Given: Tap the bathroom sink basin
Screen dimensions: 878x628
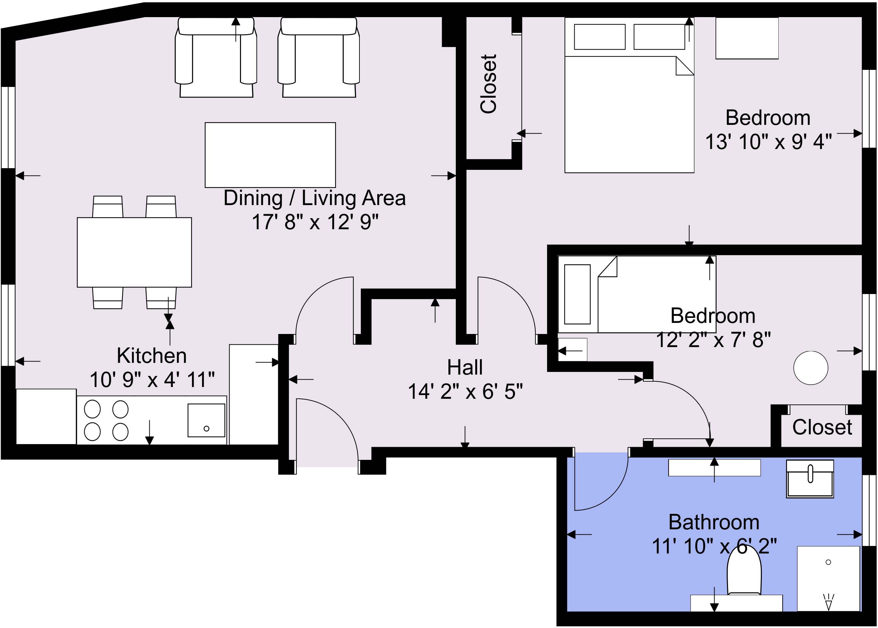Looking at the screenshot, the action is [x=810, y=479].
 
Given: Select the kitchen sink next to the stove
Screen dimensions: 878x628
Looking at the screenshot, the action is [x=206, y=420].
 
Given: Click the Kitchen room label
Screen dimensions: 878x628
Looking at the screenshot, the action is [x=152, y=355].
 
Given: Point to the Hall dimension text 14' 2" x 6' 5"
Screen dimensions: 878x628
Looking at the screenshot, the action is [x=465, y=391].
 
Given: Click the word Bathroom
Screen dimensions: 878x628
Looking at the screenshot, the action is [x=714, y=522].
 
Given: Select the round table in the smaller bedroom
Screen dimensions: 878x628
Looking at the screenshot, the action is [x=811, y=368].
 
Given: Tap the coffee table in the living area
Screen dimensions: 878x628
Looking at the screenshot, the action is [x=270, y=155].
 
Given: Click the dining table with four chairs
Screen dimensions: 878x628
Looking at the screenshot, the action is [x=134, y=252].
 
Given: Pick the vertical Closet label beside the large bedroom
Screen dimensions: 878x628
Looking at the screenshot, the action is [x=488, y=84].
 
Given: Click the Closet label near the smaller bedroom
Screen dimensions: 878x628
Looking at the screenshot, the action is [x=822, y=427].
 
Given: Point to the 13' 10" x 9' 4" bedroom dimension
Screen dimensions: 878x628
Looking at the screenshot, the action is [x=768, y=142].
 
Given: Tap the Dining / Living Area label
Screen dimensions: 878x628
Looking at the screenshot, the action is [x=315, y=198].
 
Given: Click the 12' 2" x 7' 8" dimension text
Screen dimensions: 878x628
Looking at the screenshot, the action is [x=713, y=340].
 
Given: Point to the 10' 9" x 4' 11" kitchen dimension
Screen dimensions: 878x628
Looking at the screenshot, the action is [x=152, y=379].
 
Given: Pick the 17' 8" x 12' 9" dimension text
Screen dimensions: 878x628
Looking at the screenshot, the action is [x=315, y=222].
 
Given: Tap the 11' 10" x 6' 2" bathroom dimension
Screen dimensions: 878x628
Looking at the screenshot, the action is [x=714, y=546].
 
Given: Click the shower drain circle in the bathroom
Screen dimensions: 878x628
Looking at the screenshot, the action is [x=828, y=562].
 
